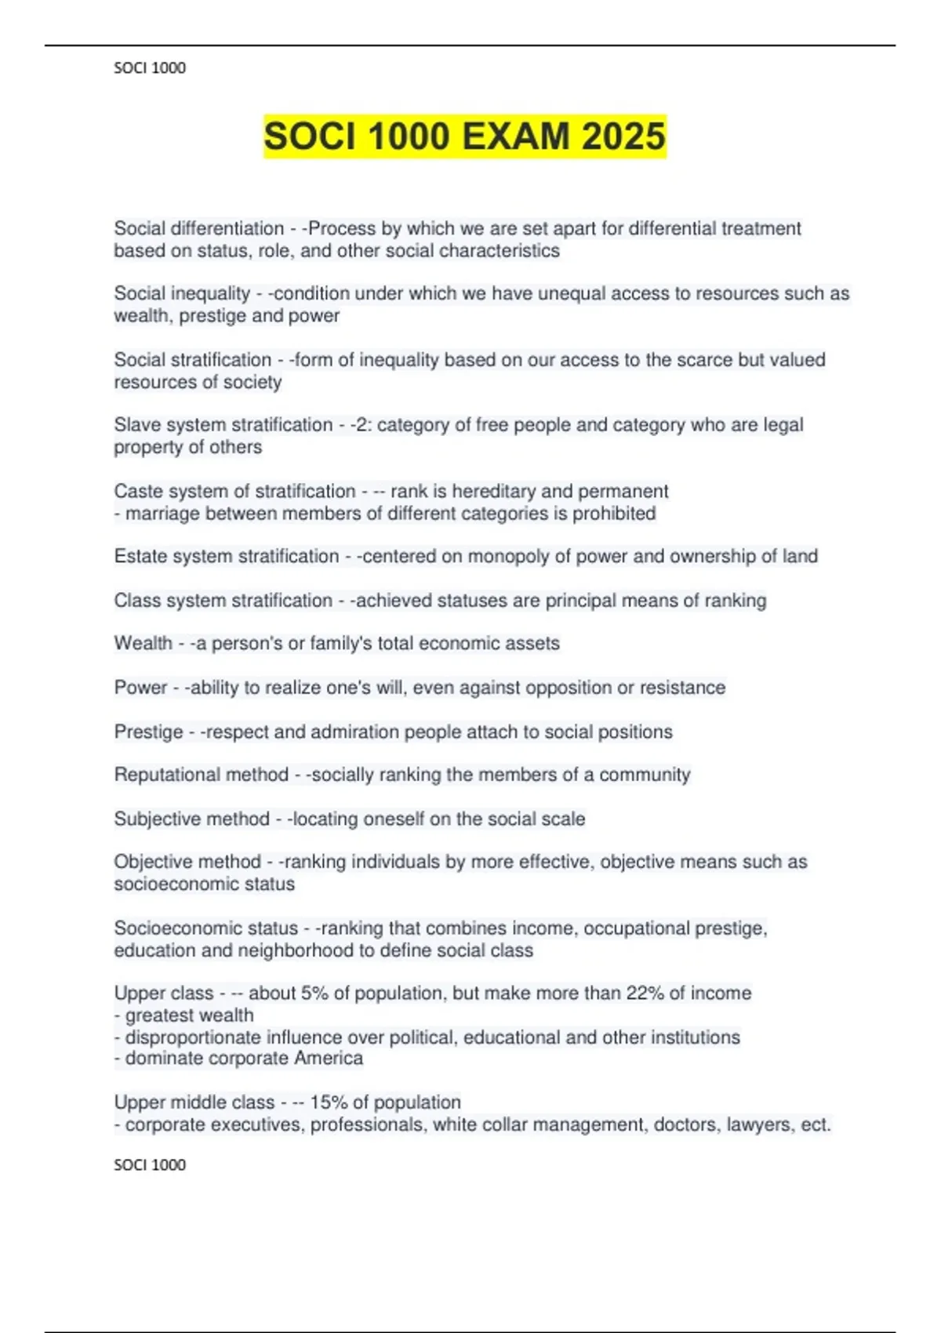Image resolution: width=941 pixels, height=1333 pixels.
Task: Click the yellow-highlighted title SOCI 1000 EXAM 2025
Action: pyautogui.click(x=464, y=136)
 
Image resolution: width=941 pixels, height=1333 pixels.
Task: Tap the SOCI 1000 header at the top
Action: pyautogui.click(x=150, y=68)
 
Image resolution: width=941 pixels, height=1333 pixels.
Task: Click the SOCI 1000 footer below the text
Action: pyautogui.click(x=150, y=1165)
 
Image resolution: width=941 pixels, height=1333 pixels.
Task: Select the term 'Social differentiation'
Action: pyautogui.click(x=198, y=228)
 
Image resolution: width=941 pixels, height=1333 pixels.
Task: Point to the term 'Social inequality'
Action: pyautogui.click(x=182, y=293)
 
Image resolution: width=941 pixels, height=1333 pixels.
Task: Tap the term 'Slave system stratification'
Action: pyautogui.click(x=223, y=425)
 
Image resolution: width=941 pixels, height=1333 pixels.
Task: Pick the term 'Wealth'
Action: pyautogui.click(x=143, y=644)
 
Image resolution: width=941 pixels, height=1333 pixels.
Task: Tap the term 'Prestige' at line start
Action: pyautogui.click(x=148, y=732)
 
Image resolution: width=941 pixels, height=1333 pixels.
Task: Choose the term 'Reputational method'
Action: pyautogui.click(x=201, y=775)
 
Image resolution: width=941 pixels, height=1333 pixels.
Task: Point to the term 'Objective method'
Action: pyautogui.click(x=187, y=862)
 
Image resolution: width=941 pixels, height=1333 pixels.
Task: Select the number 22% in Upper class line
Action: pyautogui.click(x=645, y=993)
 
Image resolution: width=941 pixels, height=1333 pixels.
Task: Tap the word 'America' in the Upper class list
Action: pyautogui.click(x=329, y=1059)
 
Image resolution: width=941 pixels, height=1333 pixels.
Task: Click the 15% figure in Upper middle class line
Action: pyautogui.click(x=329, y=1102)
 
